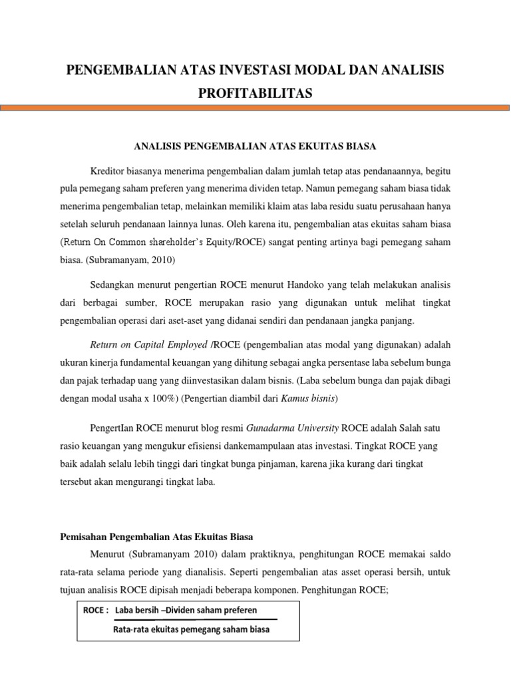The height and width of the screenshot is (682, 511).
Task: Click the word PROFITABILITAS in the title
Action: click(255, 94)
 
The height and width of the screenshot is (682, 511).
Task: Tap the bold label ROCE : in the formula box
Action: click(96, 610)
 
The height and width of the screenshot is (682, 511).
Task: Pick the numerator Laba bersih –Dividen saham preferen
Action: click(186, 610)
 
